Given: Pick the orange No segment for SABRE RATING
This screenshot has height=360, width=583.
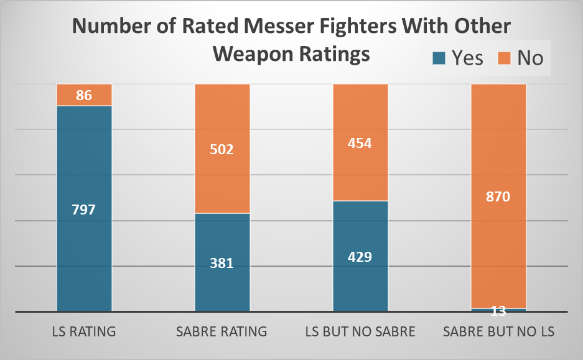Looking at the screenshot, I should [x=222, y=124].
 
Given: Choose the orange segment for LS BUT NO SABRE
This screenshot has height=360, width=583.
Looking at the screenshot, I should [x=360, y=174].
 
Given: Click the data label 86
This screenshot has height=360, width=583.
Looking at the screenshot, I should [x=84, y=96].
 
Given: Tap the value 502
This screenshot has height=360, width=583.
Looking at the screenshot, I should [x=222, y=149].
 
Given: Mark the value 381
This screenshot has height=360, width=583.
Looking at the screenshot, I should [x=222, y=263].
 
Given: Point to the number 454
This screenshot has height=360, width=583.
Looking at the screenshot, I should [x=360, y=143].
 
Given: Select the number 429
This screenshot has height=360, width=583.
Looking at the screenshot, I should [x=360, y=257].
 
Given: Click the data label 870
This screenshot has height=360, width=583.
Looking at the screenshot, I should [x=498, y=197].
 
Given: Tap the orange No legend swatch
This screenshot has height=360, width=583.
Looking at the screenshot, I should [x=505, y=58].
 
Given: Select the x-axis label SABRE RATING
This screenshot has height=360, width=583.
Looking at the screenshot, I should [x=222, y=331].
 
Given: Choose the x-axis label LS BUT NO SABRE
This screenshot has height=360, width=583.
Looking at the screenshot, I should [x=360, y=331].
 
